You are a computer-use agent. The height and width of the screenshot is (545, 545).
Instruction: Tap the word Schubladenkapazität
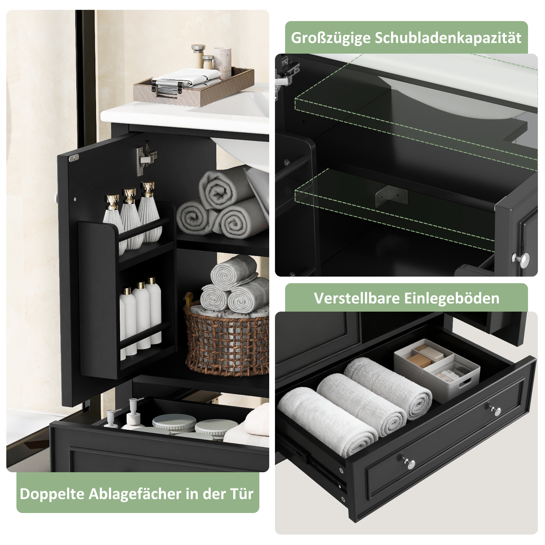click(448, 37)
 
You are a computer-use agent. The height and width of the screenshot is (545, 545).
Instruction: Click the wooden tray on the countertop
click(194, 87)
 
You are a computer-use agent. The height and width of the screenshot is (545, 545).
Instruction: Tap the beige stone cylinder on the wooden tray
click(222, 63)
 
